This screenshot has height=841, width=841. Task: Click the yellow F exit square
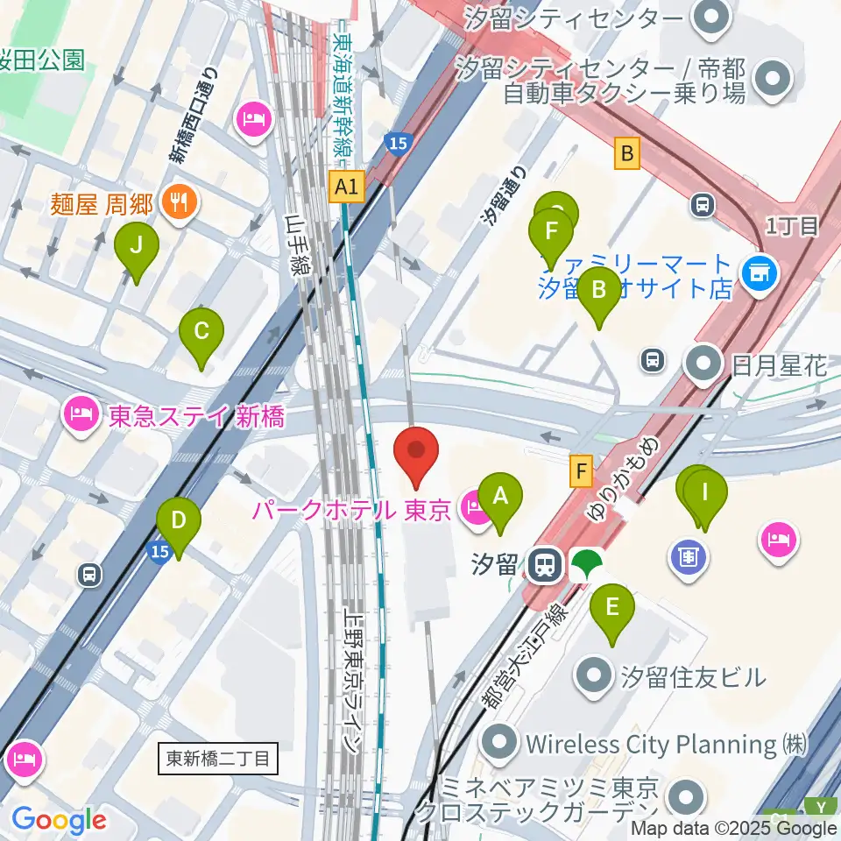point(582,471)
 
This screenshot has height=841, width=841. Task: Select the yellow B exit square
point(626,154)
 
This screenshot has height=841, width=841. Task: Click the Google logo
point(59,820)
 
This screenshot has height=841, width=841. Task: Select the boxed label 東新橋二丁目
point(220,759)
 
